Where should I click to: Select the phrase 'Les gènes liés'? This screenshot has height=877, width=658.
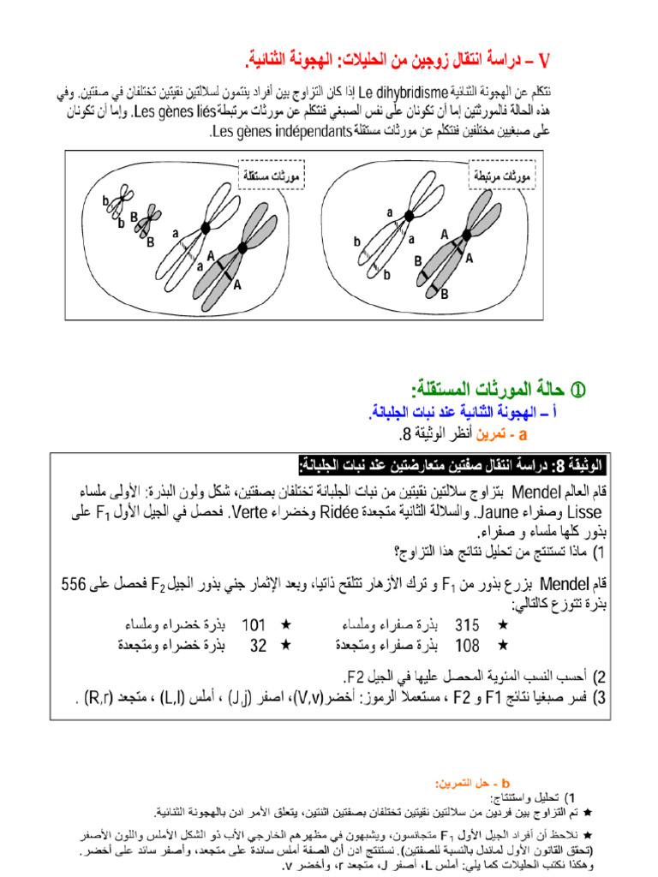[x=176, y=111]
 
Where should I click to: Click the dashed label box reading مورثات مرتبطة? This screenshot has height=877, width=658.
[x=501, y=175]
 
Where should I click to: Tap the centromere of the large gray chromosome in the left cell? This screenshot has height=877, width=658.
[x=242, y=248]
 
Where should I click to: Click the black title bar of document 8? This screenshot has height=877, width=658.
[x=452, y=465]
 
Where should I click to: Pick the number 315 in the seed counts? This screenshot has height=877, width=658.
[x=468, y=624]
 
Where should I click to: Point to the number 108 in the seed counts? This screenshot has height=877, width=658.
[x=468, y=645]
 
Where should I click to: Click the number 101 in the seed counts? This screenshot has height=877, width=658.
[x=254, y=624]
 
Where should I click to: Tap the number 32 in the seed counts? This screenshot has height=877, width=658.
[x=258, y=645]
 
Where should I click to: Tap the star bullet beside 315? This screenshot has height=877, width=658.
[x=502, y=624]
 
